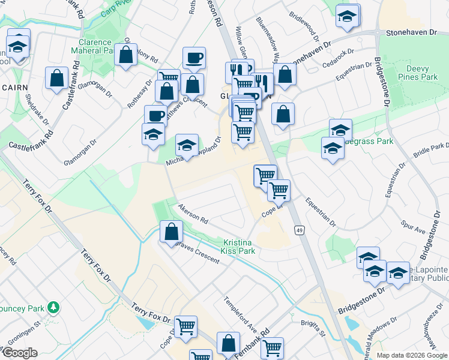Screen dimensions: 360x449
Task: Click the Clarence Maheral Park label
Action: pos(95,46)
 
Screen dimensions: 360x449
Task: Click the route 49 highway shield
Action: pos(298,230)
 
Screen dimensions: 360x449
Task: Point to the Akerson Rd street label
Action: pos(192,214)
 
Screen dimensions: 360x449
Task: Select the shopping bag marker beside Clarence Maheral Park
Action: pos(127,55)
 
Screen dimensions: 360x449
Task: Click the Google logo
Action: pos(19,353)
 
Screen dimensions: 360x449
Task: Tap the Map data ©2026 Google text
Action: pos(411,355)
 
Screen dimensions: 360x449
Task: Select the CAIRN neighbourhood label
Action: pos(13,87)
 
